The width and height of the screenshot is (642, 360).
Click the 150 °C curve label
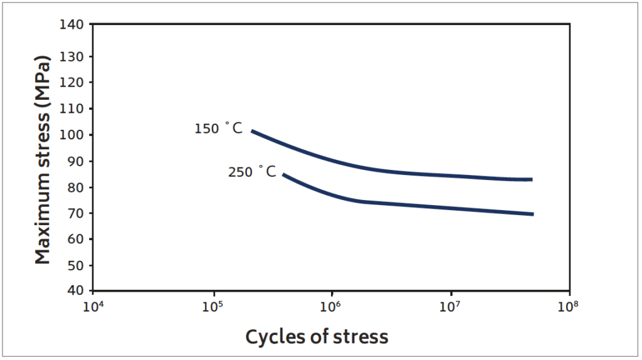pos(218,129)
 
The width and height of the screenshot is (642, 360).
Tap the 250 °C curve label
pos(251,171)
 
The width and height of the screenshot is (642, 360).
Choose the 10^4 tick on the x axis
pos(93,307)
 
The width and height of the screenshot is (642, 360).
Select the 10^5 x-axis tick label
pos(213,307)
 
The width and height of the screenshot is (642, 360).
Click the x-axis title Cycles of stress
pos(317,337)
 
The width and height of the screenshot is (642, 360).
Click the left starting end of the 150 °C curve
pos(252,131)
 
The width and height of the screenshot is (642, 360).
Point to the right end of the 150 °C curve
pos(532,179)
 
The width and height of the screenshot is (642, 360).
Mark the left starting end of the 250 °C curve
pos(284,174)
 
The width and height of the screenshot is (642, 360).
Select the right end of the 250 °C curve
pos(533,214)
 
